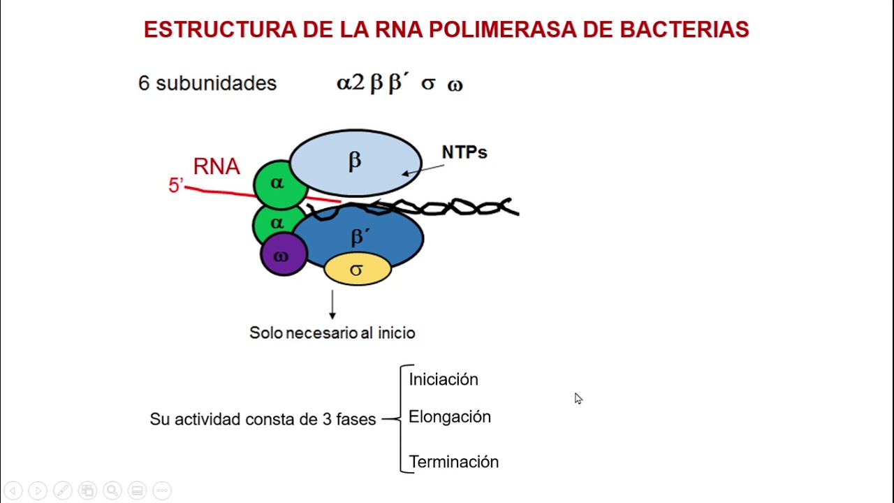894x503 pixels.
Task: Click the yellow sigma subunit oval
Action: pos(357,270)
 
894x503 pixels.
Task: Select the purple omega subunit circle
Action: pos(283,255)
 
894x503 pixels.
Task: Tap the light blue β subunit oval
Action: pos(355,162)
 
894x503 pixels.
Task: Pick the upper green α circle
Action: pos(279,184)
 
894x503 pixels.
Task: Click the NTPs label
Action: pos(464,152)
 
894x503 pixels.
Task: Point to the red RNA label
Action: pos(217,166)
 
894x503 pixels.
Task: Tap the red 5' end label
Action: pos(175,186)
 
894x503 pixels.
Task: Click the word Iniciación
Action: pos(444,379)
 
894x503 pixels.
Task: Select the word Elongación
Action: pos(450,417)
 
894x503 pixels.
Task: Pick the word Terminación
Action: pos(454,462)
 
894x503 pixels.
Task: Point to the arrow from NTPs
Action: pos(423,170)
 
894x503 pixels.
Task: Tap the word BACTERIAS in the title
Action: pos(684,30)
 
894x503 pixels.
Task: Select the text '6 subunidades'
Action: pos(207,83)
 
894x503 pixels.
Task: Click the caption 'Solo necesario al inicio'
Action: pos(332,333)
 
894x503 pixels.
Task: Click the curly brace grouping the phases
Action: pos(403,418)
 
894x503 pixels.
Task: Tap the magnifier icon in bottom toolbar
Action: pos(112,490)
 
